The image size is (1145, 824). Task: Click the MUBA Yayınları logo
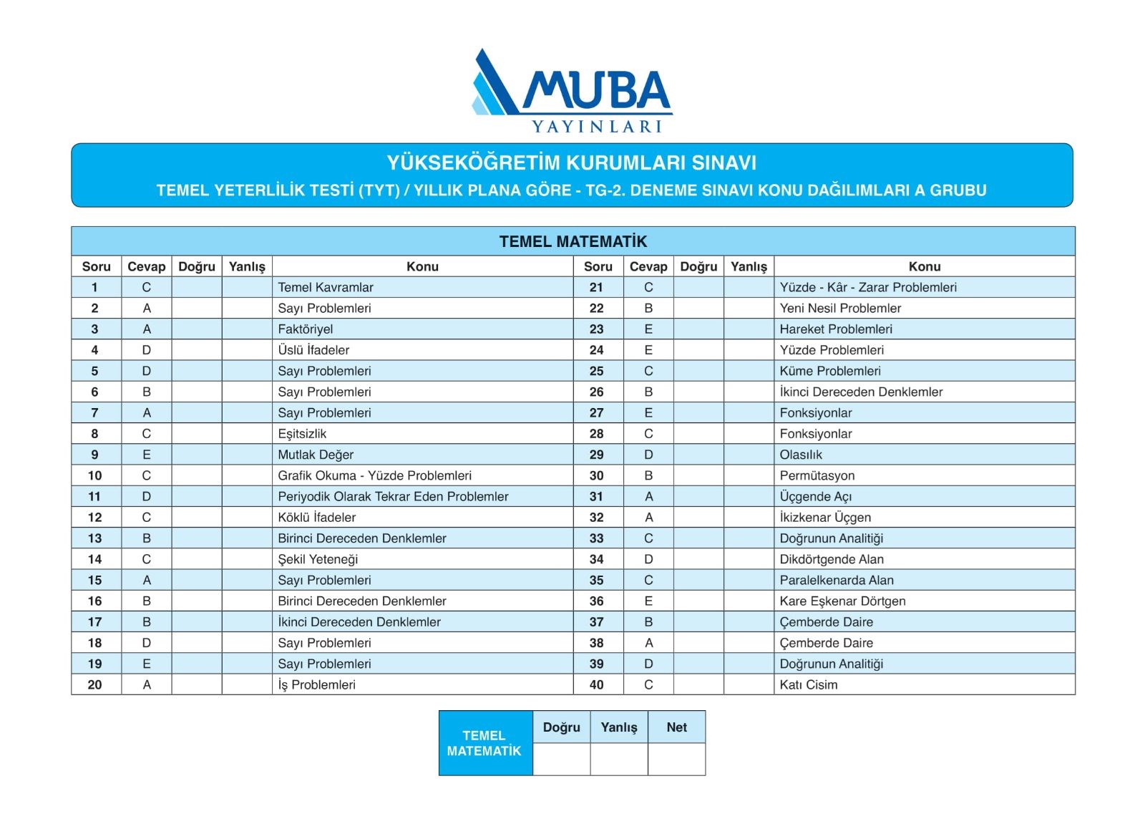tap(571, 91)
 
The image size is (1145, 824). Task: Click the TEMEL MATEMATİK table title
tap(572, 241)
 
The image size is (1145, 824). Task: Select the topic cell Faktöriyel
tap(306, 329)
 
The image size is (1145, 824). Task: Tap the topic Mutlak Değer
tap(316, 455)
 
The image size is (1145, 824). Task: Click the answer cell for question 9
tap(147, 455)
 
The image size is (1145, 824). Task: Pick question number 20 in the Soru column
tap(95, 685)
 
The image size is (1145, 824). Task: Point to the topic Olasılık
tap(801, 455)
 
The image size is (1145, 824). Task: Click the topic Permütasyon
tap(817, 475)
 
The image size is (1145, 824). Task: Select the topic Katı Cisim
tap(809, 685)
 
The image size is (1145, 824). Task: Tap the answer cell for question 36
tap(648, 601)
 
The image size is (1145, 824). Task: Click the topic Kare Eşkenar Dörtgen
tap(842, 601)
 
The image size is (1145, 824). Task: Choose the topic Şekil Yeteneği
tap(318, 559)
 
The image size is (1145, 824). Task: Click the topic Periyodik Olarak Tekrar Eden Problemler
tap(393, 497)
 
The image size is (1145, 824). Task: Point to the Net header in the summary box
tap(676, 727)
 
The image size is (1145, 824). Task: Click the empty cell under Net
tap(676, 759)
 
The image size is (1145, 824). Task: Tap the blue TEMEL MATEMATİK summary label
tap(484, 743)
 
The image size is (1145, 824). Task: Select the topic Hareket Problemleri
tap(836, 329)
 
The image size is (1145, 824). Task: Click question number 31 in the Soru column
tap(597, 497)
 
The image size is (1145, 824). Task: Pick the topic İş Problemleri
tap(316, 685)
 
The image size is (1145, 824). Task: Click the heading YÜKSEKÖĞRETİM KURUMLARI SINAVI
tap(571, 163)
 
